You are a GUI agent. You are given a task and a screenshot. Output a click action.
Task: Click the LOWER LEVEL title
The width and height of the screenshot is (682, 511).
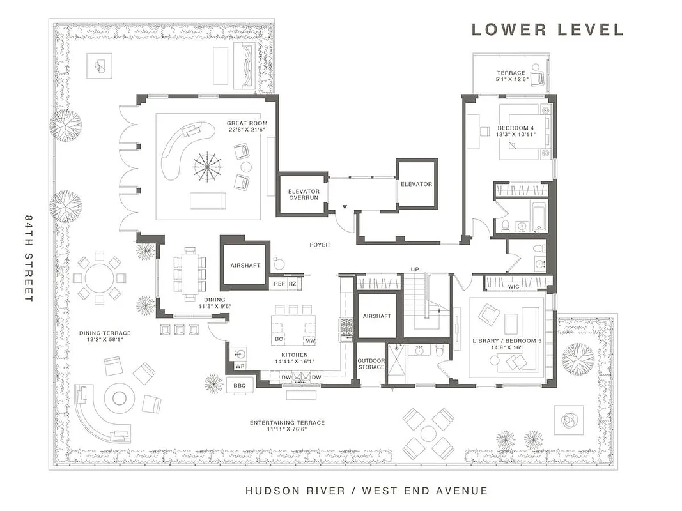point(547,29)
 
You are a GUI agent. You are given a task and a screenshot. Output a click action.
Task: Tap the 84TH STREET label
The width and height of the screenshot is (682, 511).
point(29,258)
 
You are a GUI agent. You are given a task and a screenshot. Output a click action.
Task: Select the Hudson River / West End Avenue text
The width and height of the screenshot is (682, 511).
point(366,491)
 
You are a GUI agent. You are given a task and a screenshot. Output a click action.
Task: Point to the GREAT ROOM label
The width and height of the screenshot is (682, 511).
point(247,123)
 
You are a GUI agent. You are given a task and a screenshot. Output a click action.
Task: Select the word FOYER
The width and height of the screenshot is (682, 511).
point(320,245)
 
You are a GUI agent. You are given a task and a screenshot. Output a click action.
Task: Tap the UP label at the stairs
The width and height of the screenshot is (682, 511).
point(415,269)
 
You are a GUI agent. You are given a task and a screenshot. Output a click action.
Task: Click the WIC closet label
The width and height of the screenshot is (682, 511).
point(513,287)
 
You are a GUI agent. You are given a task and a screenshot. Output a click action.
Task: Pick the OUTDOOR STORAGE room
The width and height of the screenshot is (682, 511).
point(371,363)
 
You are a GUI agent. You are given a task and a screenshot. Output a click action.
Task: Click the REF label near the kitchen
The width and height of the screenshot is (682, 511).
point(279,283)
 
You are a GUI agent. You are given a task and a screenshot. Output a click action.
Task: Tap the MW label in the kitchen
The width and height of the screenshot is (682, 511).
point(309,342)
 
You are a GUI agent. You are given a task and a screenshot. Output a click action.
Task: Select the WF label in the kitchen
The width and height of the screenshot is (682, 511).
point(240,366)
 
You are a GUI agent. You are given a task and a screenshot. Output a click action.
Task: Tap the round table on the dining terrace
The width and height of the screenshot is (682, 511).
point(99,278)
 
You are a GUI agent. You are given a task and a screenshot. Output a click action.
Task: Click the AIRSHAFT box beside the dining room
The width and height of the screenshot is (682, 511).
point(245,264)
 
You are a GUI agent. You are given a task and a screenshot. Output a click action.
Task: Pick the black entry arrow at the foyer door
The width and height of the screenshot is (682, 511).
point(345,208)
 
